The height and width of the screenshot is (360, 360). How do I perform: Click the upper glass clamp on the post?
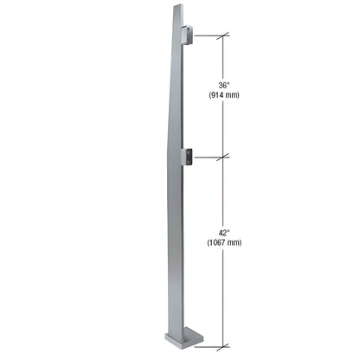pos(186,35)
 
